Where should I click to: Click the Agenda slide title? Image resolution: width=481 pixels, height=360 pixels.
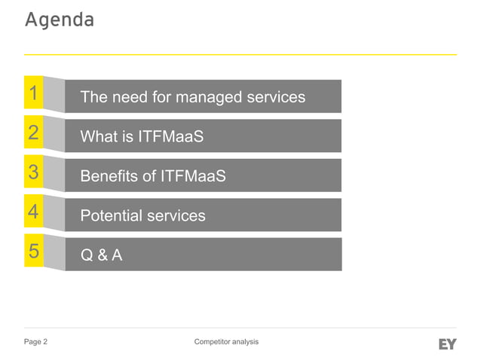click(x=60, y=20)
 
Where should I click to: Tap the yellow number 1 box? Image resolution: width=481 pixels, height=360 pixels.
click(x=33, y=93)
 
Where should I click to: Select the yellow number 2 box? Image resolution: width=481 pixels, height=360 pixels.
click(x=33, y=133)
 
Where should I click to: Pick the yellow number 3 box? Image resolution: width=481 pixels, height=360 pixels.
click(x=33, y=172)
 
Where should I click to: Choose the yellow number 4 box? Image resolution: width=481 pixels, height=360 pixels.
click(x=33, y=212)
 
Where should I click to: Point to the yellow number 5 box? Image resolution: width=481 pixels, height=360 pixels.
click(x=33, y=252)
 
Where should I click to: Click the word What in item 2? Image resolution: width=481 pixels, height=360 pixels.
click(x=99, y=137)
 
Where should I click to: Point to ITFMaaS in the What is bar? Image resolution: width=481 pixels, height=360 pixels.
click(x=171, y=137)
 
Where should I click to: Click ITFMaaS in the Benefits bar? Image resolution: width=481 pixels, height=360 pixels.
click(x=193, y=176)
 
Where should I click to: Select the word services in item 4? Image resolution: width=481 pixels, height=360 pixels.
click(x=176, y=216)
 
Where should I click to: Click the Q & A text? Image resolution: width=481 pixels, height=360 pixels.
click(x=102, y=255)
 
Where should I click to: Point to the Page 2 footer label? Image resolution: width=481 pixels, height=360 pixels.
click(x=36, y=342)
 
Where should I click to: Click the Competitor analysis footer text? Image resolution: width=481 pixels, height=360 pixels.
click(x=226, y=342)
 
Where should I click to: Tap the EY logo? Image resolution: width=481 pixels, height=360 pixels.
click(x=447, y=344)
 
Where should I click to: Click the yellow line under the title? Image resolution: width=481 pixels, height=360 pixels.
click(x=240, y=54)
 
